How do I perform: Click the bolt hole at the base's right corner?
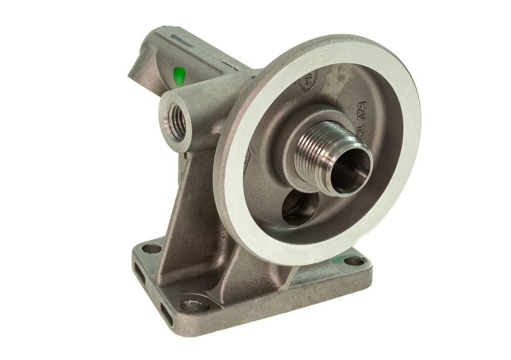point(352,261)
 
